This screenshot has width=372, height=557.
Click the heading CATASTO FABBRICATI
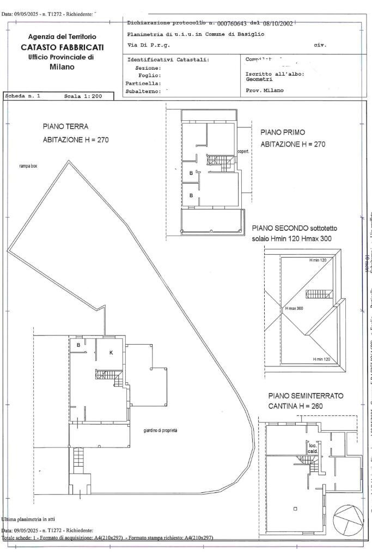(62, 47)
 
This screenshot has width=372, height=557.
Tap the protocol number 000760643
(239, 24)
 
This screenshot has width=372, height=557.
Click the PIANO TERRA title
(65, 126)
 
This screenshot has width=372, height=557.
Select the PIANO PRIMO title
(283, 132)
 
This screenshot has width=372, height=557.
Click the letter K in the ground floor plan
(111, 353)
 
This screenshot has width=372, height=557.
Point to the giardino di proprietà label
(161, 430)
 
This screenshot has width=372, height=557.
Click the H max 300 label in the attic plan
(294, 308)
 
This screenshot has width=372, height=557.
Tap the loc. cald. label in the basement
(313, 448)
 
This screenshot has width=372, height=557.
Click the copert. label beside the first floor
(242, 151)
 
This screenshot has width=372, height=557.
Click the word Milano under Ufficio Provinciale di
(62, 67)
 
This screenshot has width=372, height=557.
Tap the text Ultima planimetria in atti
(29, 519)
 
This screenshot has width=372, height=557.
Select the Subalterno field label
(143, 91)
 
